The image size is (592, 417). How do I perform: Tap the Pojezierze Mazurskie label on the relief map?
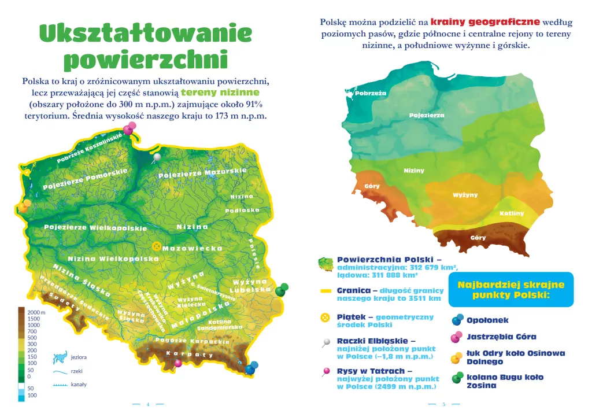pyautogui.click(x=202, y=173)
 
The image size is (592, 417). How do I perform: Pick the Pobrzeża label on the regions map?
pyautogui.click(x=371, y=93)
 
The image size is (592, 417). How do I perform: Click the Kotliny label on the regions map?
pyautogui.click(x=511, y=213)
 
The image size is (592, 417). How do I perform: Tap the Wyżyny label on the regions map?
pyautogui.click(x=465, y=195)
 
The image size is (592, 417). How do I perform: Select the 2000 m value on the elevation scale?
pyautogui.click(x=36, y=312)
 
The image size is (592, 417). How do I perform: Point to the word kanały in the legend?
pyautogui.click(x=79, y=384)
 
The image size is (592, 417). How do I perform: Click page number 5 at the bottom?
pyautogui.click(x=443, y=404)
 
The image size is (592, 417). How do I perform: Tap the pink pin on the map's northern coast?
pyautogui.click(x=128, y=130)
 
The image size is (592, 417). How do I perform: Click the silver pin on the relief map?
pyautogui.click(x=157, y=157)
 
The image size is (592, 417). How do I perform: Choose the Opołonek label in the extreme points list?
pyautogui.click(x=487, y=320)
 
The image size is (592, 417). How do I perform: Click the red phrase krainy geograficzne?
pyautogui.click(x=485, y=22)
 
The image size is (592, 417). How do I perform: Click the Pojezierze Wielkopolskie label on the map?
pyautogui.click(x=95, y=228)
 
